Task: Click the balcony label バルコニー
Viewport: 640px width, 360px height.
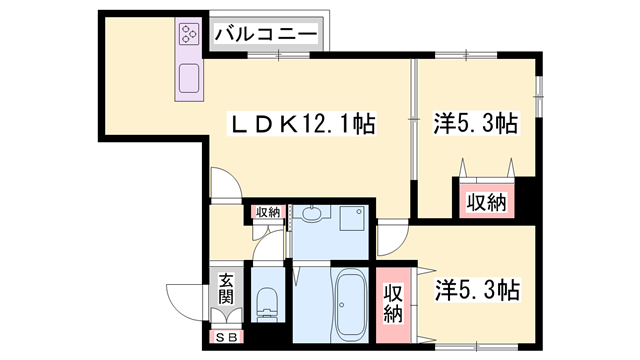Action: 266,35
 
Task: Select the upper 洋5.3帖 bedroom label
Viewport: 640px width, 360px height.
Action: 475,125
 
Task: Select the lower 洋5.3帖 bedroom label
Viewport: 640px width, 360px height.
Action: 476,291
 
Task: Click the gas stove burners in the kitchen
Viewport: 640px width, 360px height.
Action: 189,35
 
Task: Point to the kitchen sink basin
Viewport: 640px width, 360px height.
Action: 189,78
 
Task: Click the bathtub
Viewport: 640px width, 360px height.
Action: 351,304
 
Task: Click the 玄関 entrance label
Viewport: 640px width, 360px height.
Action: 226,289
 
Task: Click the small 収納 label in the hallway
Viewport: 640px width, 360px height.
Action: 267,211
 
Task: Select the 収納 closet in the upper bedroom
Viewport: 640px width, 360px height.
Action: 486,201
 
